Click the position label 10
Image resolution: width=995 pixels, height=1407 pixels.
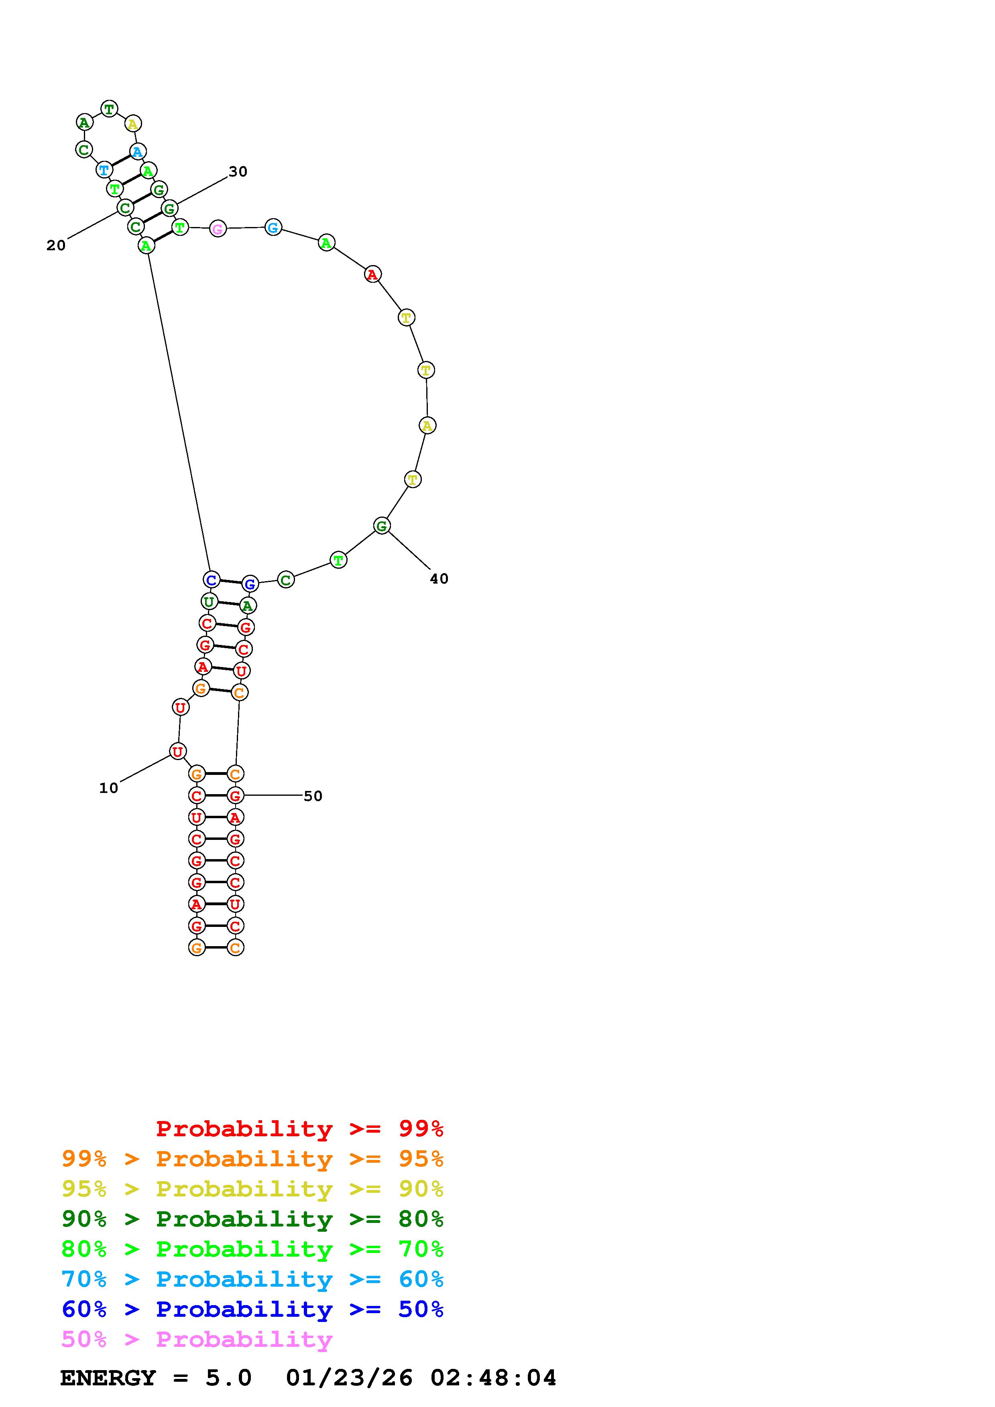tap(108, 788)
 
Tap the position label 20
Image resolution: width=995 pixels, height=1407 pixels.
tap(56, 246)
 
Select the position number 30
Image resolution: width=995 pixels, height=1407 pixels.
tap(238, 172)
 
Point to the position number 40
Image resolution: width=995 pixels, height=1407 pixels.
tap(439, 578)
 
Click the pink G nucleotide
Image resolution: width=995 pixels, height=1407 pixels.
tap(218, 229)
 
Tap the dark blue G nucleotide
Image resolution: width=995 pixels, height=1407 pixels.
tap(250, 584)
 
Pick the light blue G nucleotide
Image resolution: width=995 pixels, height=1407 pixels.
tap(273, 227)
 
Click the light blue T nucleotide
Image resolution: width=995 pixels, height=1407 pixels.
tap(104, 170)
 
